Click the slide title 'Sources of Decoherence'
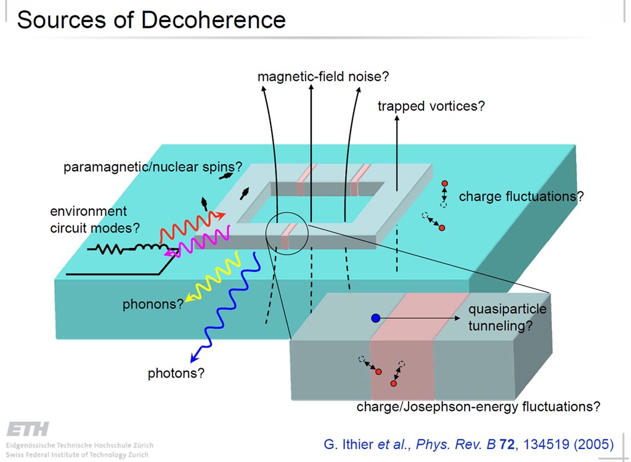[x=151, y=20]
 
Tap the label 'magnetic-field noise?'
[x=323, y=76]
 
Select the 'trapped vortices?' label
[x=431, y=106]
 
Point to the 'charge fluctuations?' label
[x=521, y=197]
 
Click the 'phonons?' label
[x=153, y=303]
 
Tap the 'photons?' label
[x=176, y=373]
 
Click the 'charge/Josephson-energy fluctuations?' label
[x=478, y=407]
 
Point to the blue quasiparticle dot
[x=375, y=318]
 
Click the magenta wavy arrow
[x=197, y=244]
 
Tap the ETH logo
[x=27, y=429]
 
